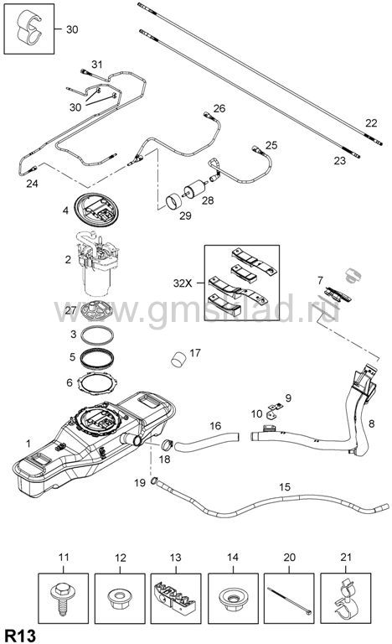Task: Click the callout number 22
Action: click(371, 122)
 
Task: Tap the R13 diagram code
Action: click(20, 635)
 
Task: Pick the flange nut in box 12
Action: click(120, 595)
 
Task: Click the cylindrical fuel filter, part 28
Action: click(195, 190)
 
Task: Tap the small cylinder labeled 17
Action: click(178, 358)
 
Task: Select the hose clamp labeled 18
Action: click(167, 444)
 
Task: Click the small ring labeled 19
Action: click(154, 480)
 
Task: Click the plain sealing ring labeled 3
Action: click(97, 335)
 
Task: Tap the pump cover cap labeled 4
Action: click(98, 210)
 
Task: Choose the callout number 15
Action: click(285, 487)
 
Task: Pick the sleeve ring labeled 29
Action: click(175, 201)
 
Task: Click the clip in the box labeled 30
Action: click(29, 28)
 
